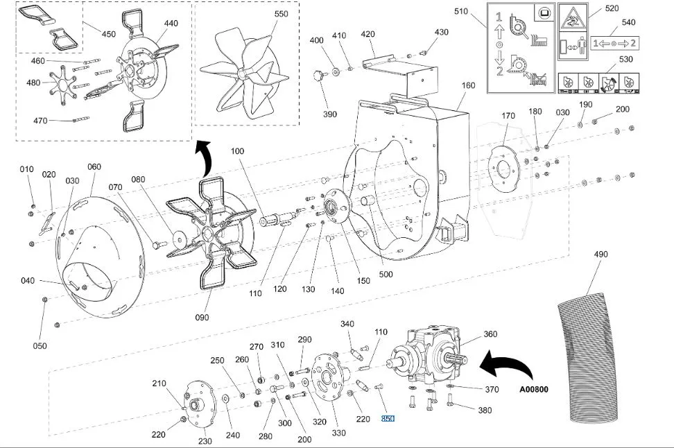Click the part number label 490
600,254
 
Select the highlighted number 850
388,418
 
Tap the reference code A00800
534,390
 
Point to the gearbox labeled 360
434,356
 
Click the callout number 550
281,14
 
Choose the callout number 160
468,85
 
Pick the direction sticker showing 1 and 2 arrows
614,43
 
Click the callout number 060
94,167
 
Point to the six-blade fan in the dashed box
244,72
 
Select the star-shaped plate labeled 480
63,83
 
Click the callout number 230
205,441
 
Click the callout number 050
40,345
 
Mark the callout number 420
368,34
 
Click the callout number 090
202,318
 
